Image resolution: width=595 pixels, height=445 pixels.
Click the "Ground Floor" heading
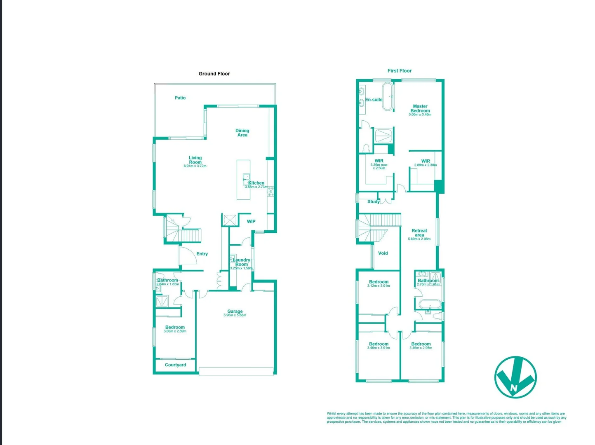(x=214, y=74)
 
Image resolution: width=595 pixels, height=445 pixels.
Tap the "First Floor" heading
(x=399, y=71)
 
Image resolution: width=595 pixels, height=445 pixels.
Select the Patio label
(x=180, y=98)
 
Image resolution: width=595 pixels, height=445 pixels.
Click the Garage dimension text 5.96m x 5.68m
(x=235, y=316)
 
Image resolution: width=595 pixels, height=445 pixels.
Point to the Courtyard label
(x=175, y=365)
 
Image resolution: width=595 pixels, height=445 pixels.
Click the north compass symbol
(x=515, y=377)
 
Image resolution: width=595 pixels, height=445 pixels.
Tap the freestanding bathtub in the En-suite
(x=388, y=97)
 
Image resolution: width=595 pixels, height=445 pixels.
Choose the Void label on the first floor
(x=383, y=253)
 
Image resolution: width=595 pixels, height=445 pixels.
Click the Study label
(x=373, y=202)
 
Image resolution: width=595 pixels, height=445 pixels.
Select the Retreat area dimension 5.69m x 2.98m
(x=419, y=239)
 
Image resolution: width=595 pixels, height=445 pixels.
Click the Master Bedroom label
(x=420, y=108)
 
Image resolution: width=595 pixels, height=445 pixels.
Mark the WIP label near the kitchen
(x=251, y=222)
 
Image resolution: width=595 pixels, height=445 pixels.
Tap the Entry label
(x=202, y=254)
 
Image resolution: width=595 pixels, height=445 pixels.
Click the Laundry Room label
(x=242, y=262)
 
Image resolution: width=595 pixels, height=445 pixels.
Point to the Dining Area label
(x=242, y=133)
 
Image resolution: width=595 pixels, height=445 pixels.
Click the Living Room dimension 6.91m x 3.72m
(x=195, y=166)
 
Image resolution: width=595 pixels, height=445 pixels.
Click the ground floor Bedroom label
(x=175, y=328)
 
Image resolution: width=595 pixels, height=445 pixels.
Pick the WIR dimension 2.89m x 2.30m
(x=426, y=165)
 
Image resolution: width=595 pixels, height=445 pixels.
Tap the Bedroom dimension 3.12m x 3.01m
(x=379, y=286)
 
